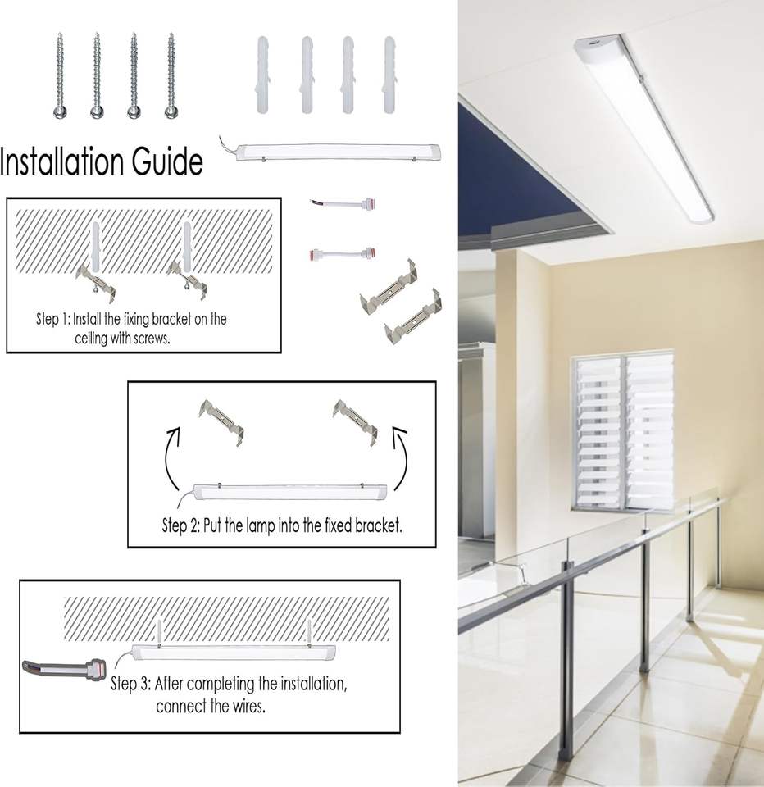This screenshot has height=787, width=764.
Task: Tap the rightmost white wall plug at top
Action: tap(389, 75)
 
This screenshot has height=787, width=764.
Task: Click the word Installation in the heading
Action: tap(62, 161)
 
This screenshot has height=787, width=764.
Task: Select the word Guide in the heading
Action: tap(167, 161)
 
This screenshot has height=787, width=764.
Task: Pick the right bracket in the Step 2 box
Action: tap(355, 421)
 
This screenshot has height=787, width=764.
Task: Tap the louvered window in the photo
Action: tap(622, 431)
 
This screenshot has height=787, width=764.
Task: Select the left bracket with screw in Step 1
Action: tap(97, 280)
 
